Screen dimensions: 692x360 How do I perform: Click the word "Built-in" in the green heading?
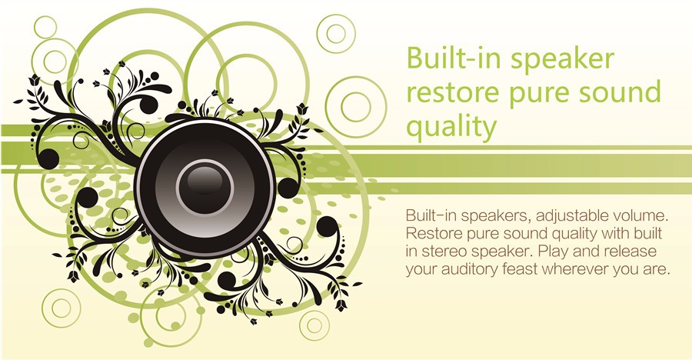454,58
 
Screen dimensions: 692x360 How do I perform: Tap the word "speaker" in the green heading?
563,61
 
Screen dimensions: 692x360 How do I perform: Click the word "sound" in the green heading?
618,92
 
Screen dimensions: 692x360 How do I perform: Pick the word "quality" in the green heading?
451,128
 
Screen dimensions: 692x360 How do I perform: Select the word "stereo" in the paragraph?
444,252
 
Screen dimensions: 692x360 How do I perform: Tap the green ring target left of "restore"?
356,107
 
